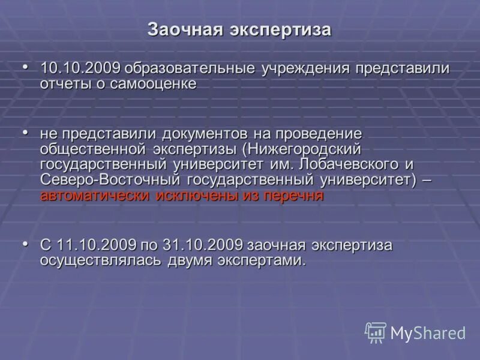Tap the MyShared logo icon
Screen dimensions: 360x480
pyautogui.click(x=376, y=332)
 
